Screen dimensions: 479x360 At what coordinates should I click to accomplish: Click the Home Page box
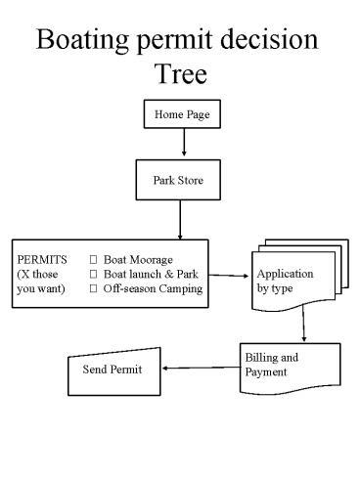coord(183,114)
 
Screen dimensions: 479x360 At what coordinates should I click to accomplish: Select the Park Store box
coord(182,180)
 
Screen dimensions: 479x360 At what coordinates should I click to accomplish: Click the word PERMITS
coord(40,260)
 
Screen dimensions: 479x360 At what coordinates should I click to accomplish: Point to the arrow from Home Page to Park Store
coord(183,144)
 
